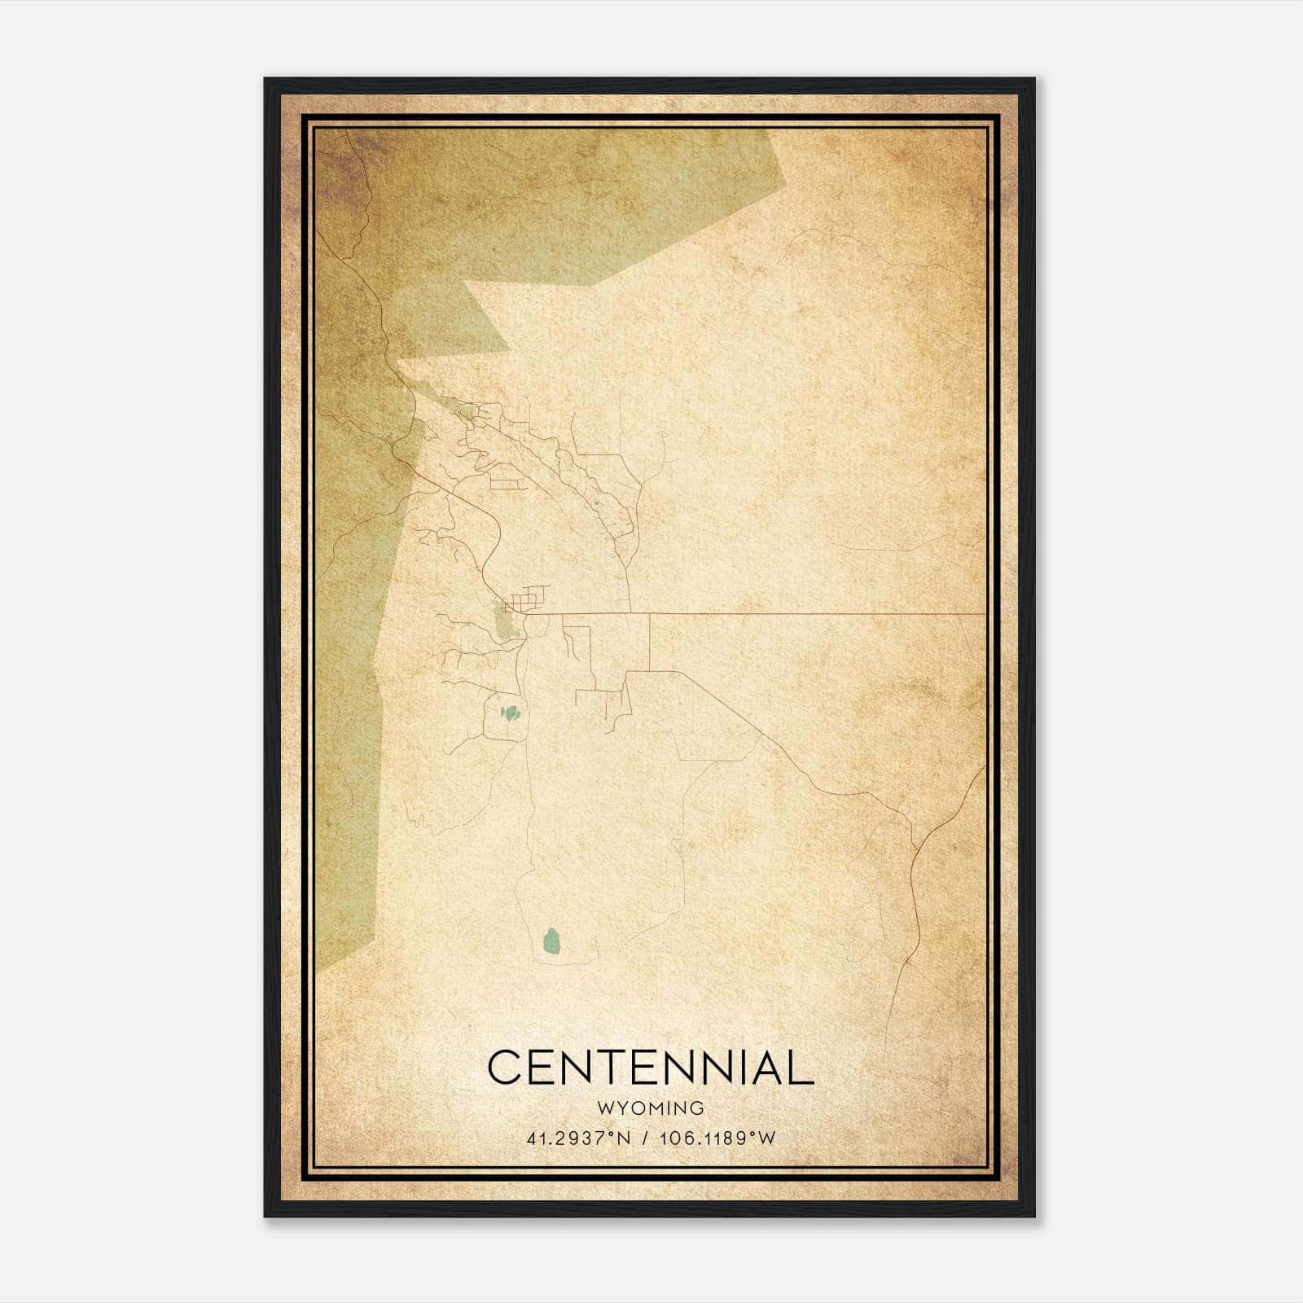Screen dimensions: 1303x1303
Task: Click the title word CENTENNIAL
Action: [x=650, y=1068]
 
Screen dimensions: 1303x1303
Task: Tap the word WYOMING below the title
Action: [x=650, y=1108]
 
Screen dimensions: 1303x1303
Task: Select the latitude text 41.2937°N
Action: [x=579, y=1138]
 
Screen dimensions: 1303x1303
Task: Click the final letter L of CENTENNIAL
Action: [x=801, y=1068]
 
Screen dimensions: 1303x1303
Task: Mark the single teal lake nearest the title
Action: [x=552, y=941]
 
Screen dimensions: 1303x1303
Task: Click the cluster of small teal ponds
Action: [x=511, y=714]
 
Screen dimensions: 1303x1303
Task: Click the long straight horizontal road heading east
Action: [x=814, y=613]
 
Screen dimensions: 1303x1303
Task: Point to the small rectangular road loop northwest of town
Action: [x=504, y=485]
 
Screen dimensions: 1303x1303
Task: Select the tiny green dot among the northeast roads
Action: [x=596, y=502]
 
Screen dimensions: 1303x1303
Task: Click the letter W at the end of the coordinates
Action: [x=768, y=1138]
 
